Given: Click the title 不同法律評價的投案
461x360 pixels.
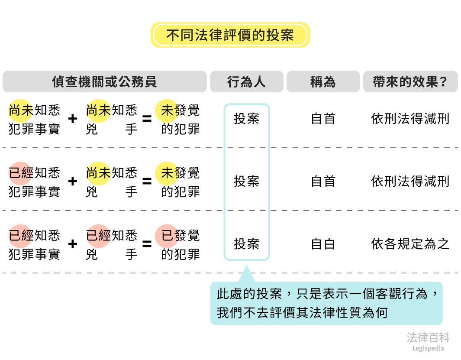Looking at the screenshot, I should coord(230,35).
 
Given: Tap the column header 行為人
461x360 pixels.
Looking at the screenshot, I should coord(246,82).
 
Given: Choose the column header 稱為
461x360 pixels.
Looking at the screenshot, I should coord(323,82).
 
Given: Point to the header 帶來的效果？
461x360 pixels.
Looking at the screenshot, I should coord(410,82).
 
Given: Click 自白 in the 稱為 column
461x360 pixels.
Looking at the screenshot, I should coord(323,244).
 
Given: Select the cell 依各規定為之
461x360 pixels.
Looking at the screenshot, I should coord(410,244).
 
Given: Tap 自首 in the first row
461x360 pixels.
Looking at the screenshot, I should coord(323,119).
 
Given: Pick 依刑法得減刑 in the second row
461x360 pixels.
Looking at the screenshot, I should coord(410,182).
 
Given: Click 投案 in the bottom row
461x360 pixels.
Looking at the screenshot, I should coord(246,244).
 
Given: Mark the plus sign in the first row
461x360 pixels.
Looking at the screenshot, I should coord(73,119).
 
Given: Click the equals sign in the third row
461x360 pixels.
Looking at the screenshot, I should coord(147,244).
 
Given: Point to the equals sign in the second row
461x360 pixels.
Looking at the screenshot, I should coord(147,182).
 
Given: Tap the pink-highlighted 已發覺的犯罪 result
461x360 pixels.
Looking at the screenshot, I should coord(180,245).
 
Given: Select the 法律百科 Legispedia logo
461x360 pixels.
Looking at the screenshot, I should coord(428,341).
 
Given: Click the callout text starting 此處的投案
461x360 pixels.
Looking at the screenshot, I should coord(326,303).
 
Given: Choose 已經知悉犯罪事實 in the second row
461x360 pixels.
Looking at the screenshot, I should coord(34,182).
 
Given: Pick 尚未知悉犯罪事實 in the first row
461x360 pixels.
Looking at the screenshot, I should coord(34,119).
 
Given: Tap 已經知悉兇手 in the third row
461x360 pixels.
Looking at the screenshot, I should coord(112,245).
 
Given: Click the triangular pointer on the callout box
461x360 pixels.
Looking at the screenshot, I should coord(246,275).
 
